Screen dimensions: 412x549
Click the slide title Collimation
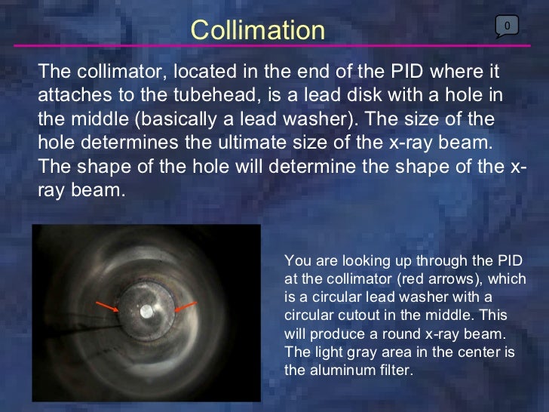(257, 30)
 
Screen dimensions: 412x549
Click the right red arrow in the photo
(185, 306)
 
